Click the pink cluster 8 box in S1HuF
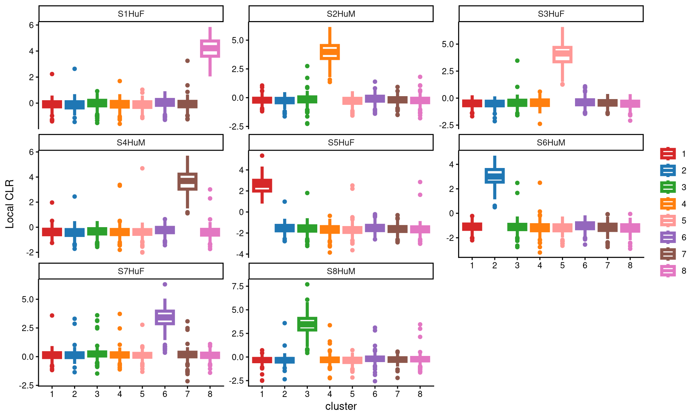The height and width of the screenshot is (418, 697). click(210, 49)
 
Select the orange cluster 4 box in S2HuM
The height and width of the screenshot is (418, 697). click(330, 52)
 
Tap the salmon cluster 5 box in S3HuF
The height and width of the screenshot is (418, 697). click(562, 55)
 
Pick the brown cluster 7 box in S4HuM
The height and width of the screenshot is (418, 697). click(187, 181)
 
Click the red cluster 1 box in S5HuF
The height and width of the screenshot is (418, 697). click(262, 185)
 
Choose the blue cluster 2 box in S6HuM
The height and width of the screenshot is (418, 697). click(495, 176)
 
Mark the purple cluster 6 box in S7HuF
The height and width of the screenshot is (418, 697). click(165, 317)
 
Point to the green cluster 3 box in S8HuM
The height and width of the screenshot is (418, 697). click(307, 324)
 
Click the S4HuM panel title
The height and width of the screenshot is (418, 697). click(131, 143)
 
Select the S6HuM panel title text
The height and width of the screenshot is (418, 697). click(551, 143)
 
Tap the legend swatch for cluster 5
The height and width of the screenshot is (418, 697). click(668, 221)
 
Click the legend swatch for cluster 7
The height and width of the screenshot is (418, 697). click(668, 254)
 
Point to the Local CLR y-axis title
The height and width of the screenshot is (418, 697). click(10, 204)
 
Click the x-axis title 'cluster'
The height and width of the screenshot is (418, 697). click(341, 406)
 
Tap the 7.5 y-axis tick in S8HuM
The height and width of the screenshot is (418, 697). click(238, 286)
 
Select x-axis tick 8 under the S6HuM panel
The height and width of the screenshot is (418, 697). click(630, 266)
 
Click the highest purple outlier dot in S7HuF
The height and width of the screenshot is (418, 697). click(165, 284)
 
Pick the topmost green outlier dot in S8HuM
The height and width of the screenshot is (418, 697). click(307, 284)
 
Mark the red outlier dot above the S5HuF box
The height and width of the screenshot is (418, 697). click(262, 156)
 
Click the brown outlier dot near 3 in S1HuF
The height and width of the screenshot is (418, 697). click(187, 61)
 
